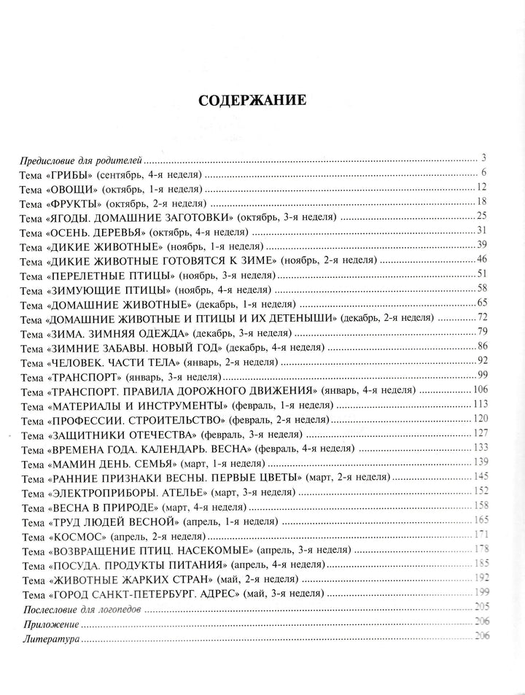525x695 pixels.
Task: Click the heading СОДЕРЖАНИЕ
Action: pos(253,101)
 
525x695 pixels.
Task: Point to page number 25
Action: pos(481,215)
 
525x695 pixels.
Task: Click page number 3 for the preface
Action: pos(483,158)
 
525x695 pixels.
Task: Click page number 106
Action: pos(478,390)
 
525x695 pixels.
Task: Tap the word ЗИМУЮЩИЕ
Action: pos(85,289)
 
